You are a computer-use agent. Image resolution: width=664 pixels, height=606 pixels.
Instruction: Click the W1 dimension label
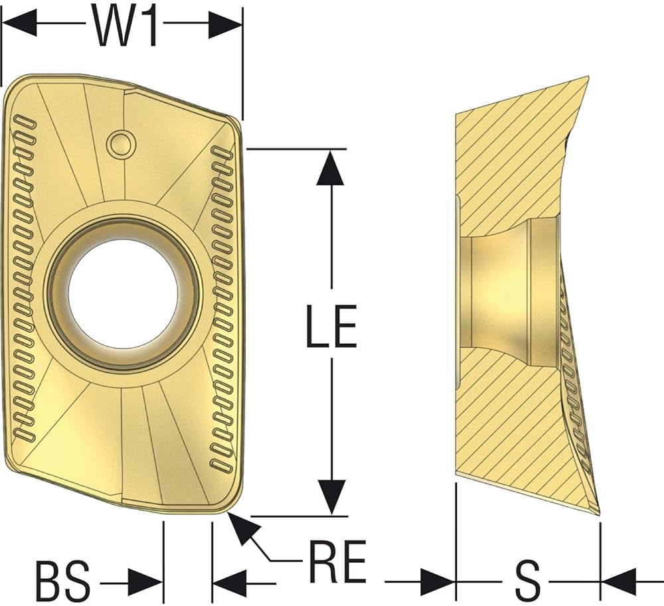pyautogui.click(x=125, y=27)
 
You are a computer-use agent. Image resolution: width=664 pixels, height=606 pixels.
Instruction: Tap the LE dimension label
pyautogui.click(x=331, y=325)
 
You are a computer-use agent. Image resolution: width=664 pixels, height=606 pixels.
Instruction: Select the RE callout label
pyautogui.click(x=337, y=562)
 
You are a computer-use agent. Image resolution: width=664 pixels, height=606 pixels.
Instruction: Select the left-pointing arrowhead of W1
pyautogui.click(x=20, y=23)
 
